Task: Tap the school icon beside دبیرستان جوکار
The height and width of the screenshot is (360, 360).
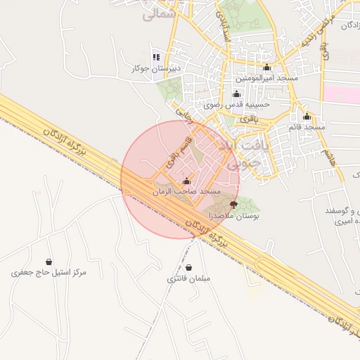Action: [x=156, y=56]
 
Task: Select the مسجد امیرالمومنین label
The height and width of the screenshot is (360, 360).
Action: [x=266, y=78]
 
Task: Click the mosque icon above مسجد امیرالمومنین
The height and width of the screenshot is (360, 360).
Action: [x=266, y=67]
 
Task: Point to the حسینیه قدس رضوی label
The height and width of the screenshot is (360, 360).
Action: [x=237, y=104]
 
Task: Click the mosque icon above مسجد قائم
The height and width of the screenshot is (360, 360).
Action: [x=307, y=116]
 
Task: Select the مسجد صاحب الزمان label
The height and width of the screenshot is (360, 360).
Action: [x=186, y=191]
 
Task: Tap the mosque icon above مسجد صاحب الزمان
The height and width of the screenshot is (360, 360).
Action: [x=186, y=181]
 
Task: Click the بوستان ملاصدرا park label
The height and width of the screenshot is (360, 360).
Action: [x=234, y=217]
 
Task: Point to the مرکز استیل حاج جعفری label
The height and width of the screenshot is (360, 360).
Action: [x=49, y=272]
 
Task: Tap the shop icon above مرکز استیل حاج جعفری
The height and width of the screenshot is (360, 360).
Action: [x=49, y=262]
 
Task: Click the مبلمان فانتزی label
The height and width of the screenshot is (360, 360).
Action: [x=189, y=278]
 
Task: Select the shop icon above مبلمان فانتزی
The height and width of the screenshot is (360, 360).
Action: [x=189, y=267]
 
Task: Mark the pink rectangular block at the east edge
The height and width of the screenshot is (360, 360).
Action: [x=341, y=94]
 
